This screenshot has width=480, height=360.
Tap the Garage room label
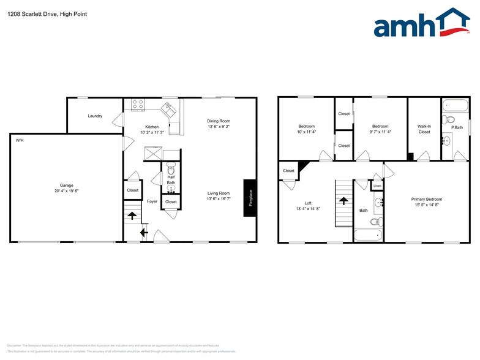(66, 185)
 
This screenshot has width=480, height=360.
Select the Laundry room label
(95, 116)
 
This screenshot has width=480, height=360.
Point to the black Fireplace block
(250, 198)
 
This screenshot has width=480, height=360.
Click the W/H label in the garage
(20, 140)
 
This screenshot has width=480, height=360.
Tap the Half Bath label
(171, 179)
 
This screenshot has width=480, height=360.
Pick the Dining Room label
(218, 121)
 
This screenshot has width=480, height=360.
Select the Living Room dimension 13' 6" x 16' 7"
(218, 199)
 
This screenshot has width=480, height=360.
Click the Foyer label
(152, 201)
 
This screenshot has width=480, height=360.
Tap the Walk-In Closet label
(424, 129)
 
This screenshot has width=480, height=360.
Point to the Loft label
(308, 203)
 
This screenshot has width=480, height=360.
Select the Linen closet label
(377, 185)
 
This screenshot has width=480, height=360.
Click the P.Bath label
(457, 127)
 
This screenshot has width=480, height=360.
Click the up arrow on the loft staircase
(344, 200)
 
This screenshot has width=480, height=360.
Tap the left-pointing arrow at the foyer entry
(143, 232)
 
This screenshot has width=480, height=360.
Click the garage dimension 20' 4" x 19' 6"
(66, 190)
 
